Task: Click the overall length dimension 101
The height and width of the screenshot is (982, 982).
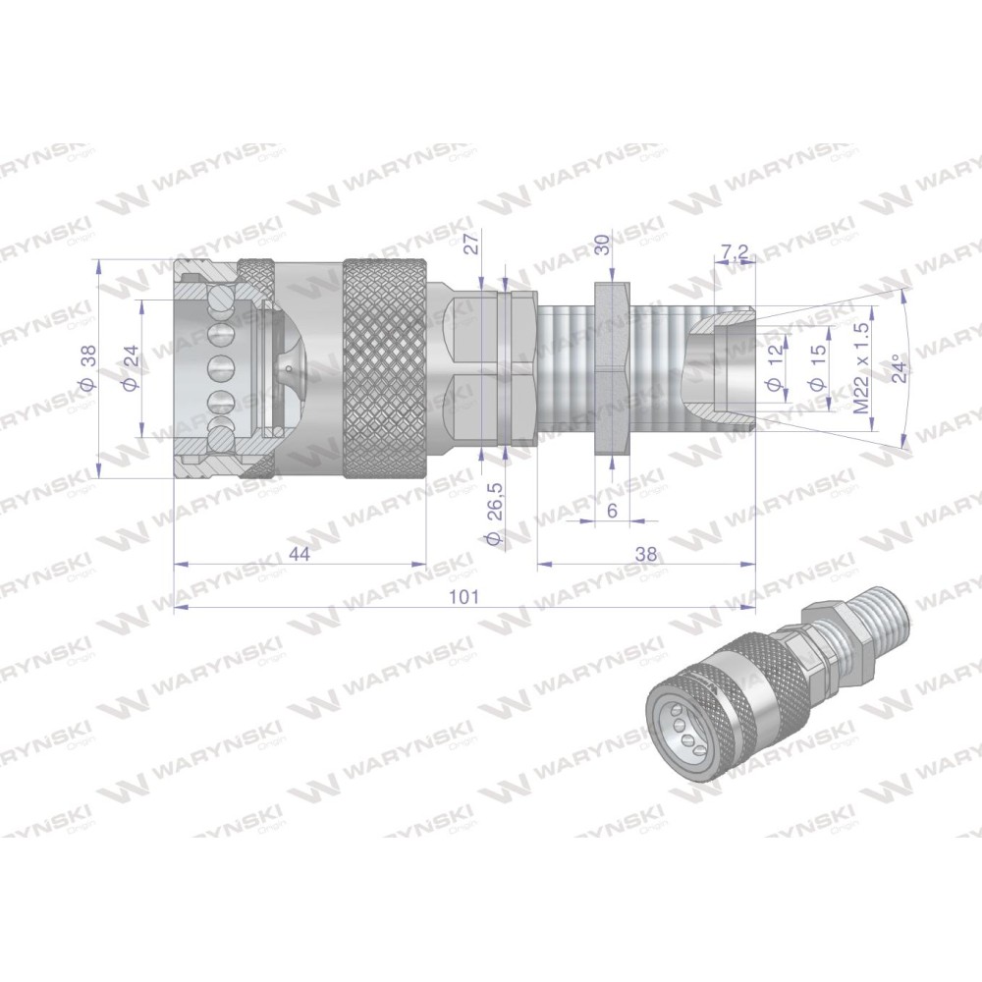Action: [464, 596]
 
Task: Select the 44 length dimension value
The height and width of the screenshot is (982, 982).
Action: [300, 554]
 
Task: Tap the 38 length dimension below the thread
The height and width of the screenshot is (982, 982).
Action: [646, 554]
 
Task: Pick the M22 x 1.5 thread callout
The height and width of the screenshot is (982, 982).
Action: [862, 367]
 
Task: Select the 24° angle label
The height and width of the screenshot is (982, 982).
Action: [900, 367]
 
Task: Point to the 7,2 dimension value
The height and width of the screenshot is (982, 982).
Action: [735, 251]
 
